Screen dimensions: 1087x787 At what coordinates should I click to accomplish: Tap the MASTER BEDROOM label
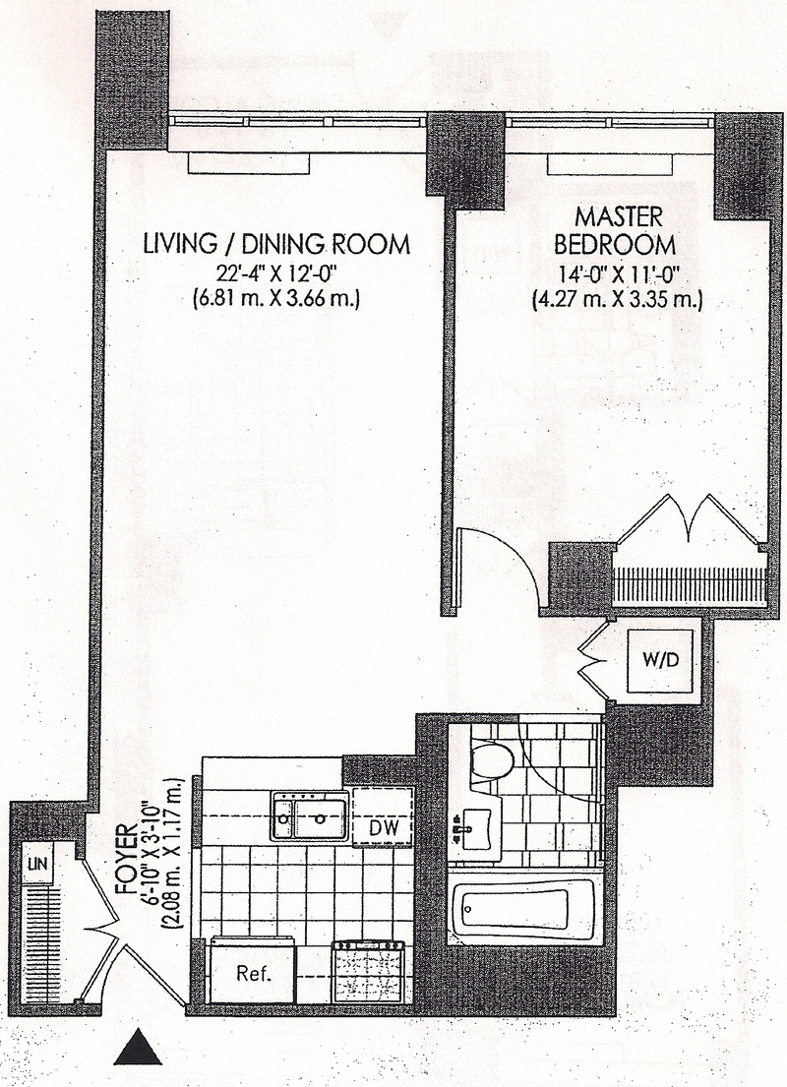coord(619,229)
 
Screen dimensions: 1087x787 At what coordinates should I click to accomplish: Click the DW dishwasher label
coord(384,828)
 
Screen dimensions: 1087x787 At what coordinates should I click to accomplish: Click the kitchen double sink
coord(309,815)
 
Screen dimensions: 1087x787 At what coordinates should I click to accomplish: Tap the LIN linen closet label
coord(38,865)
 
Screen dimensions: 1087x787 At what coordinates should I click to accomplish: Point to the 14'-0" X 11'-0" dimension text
coord(619,274)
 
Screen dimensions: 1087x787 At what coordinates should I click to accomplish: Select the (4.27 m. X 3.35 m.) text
coord(619,299)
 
